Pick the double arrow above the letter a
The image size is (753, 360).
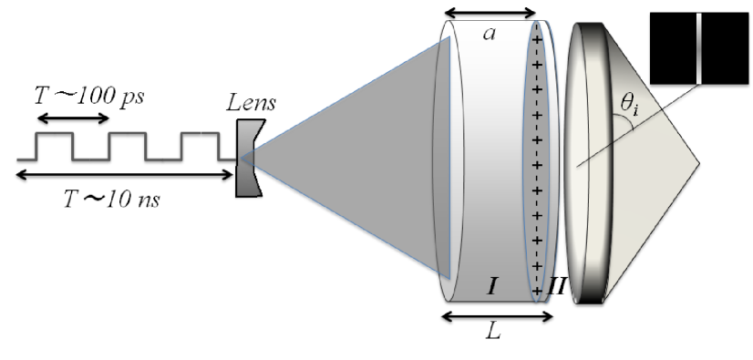click(490, 13)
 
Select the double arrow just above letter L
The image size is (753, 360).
click(497, 317)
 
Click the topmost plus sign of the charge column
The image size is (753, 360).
click(537, 40)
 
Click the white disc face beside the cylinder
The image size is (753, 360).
click(602, 164)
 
